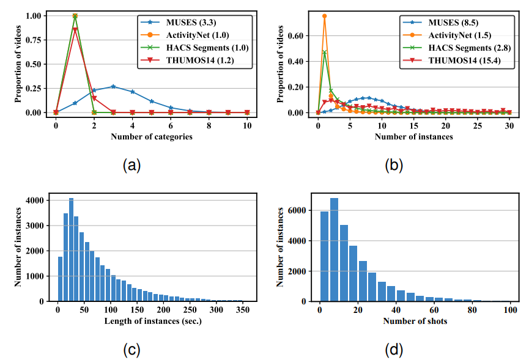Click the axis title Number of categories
(x=152, y=137)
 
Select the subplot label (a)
(x=133, y=166)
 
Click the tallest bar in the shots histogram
(x=334, y=249)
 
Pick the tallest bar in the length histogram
(x=71, y=249)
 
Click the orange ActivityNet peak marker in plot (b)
(x=325, y=16)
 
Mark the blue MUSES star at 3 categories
(x=113, y=86)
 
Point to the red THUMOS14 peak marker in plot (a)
(x=75, y=29)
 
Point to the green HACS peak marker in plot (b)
(x=325, y=53)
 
